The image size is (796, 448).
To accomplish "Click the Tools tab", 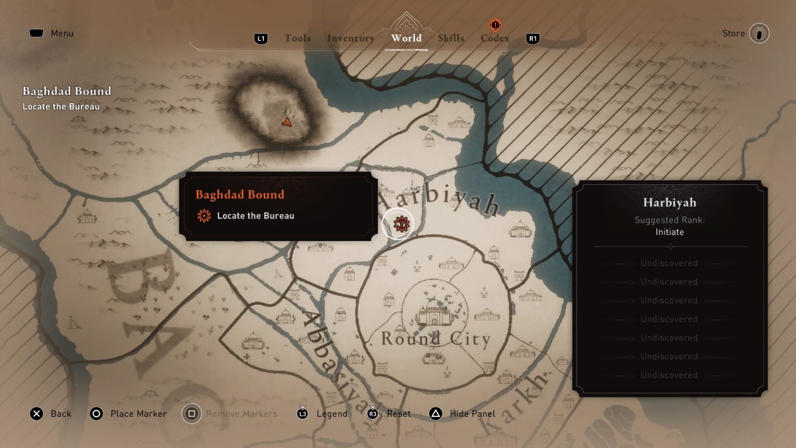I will [297, 38].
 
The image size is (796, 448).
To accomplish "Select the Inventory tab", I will [351, 38].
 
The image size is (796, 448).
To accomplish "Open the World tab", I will [406, 38].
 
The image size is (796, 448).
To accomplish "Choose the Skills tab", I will [451, 38].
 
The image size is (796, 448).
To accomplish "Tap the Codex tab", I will [495, 38].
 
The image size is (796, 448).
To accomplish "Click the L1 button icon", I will [261, 38].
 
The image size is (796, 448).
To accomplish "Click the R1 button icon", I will [533, 38].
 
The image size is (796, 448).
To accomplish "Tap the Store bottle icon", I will [759, 33].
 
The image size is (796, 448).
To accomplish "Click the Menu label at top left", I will [62, 33].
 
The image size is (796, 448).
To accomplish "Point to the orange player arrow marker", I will [287, 122].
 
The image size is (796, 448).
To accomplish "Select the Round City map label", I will [435, 339].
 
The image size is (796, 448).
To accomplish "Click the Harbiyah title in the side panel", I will [670, 202].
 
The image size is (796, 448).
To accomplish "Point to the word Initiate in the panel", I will [670, 232].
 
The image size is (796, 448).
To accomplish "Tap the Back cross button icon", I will [36, 414].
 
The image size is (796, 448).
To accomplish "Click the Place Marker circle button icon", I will [96, 414].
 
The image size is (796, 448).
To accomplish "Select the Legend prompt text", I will [332, 414].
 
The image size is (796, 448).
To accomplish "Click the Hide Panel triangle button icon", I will [436, 414].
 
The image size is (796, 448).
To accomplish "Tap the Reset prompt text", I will [399, 414].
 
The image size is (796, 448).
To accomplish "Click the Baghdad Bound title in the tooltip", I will [240, 194].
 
